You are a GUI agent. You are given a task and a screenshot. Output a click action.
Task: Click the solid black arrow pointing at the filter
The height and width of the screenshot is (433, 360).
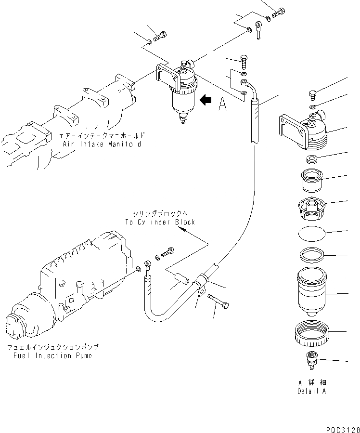pos(206,100)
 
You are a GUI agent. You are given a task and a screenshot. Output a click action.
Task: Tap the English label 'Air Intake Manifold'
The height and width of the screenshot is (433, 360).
pos(102,144)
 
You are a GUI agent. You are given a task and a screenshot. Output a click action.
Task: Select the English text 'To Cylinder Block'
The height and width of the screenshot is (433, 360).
pos(160,222)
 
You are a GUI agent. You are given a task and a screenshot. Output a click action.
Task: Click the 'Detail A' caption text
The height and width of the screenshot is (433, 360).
pos(311,391)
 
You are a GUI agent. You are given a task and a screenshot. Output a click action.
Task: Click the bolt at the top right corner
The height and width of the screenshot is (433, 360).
pos(278,13)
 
